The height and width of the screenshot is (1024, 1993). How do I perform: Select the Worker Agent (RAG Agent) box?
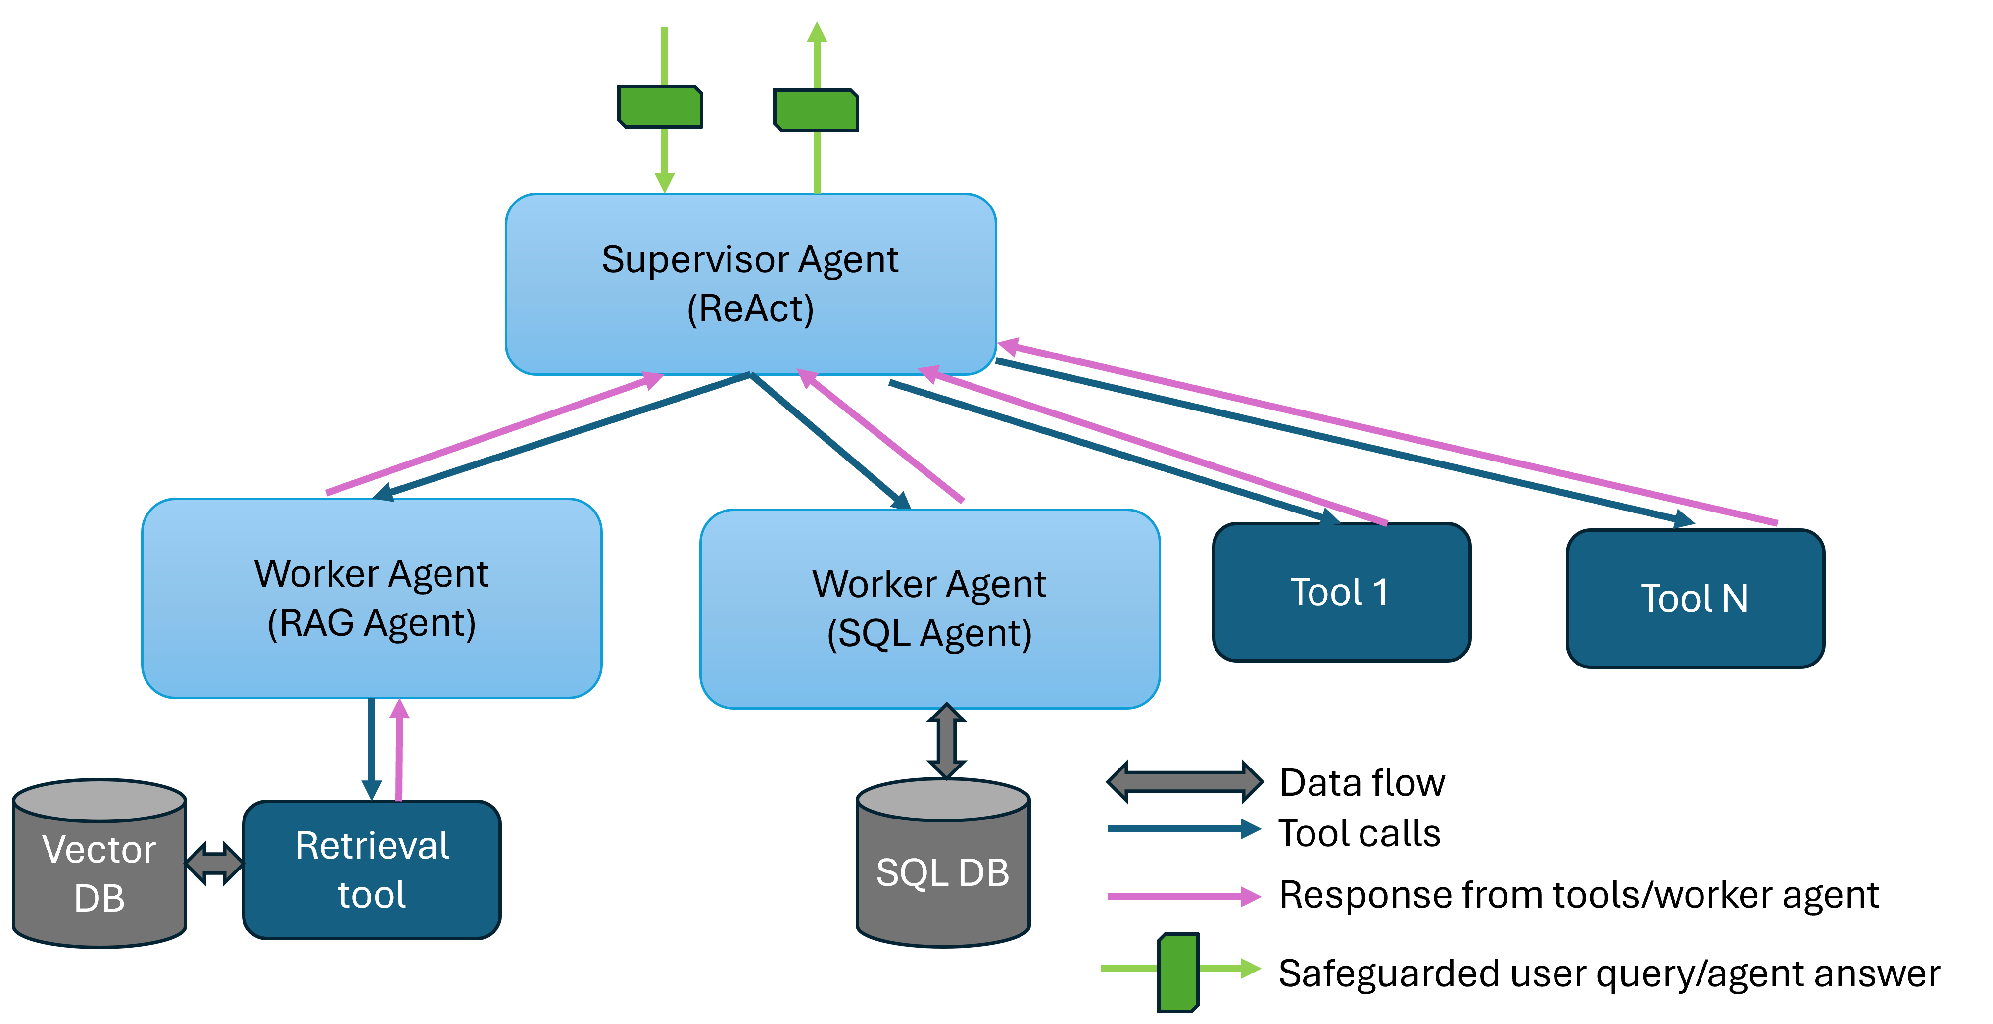pyautogui.click(x=371, y=598)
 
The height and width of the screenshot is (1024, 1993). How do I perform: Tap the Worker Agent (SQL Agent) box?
pyautogui.click(x=929, y=609)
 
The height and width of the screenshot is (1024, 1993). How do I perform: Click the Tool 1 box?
pyautogui.click(x=1341, y=592)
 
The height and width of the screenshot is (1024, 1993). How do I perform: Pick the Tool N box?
pyautogui.click(x=1695, y=598)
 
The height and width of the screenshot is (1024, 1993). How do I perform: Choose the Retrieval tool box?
pyautogui.click(x=371, y=869)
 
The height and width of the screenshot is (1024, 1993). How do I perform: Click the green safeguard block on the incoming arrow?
pyautogui.click(x=660, y=107)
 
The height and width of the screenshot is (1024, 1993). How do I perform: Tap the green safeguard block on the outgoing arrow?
pyautogui.click(x=816, y=110)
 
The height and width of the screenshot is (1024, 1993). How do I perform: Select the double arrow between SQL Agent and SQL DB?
pyautogui.click(x=945, y=741)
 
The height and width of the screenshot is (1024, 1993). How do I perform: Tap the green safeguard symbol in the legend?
pyautogui.click(x=1177, y=972)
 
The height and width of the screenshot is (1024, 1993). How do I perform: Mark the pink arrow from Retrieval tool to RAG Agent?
pyautogui.click(x=399, y=751)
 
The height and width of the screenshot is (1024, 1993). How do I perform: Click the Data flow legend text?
pyautogui.click(x=1361, y=782)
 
